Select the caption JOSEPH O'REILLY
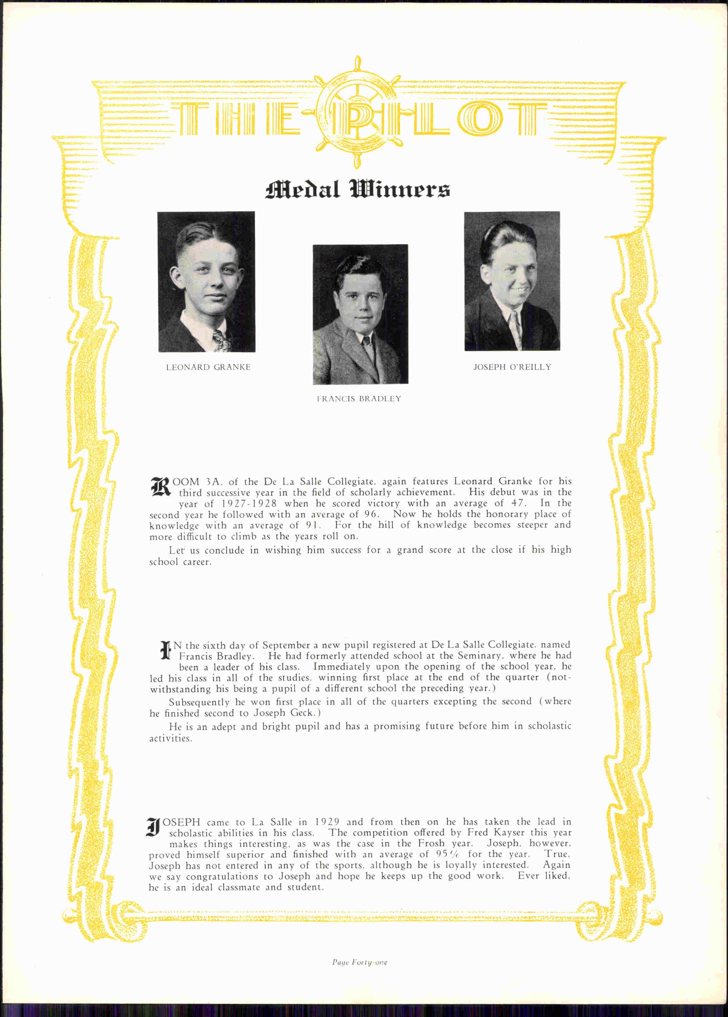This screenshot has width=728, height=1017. pyautogui.click(x=512, y=367)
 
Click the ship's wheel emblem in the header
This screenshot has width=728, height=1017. pyautogui.click(x=357, y=112)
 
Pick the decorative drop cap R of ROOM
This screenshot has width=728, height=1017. pyautogui.click(x=160, y=487)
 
